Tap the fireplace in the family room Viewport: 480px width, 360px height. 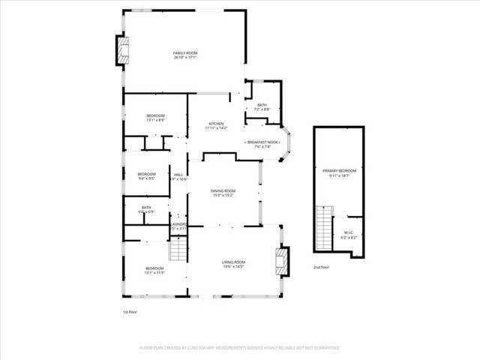(x=121, y=50)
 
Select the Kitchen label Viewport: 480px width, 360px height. (x=216, y=123)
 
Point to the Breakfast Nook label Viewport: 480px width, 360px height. (x=263, y=142)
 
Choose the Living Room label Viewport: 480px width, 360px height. (x=233, y=262)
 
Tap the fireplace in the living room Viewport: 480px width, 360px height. (x=280, y=260)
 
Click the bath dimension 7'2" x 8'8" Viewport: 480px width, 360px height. (x=262, y=110)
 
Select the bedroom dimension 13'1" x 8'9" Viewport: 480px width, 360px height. (x=155, y=120)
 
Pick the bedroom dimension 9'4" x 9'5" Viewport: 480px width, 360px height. (x=146, y=178)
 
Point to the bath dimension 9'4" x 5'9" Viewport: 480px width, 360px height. (x=146, y=212)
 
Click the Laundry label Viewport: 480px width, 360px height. (x=178, y=223)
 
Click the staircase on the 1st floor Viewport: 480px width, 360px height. (x=177, y=249)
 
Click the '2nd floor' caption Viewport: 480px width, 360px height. (x=320, y=267)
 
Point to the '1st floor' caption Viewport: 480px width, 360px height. (x=130, y=311)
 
